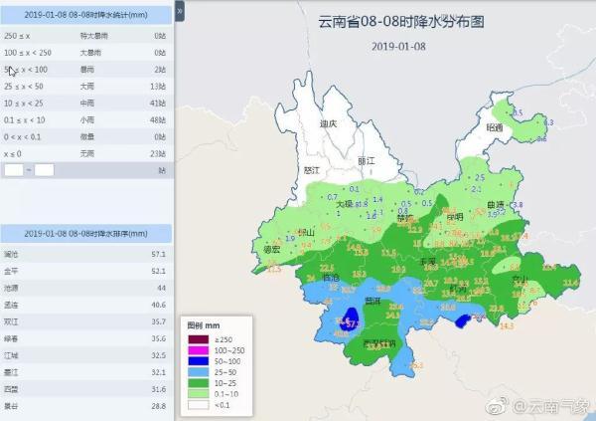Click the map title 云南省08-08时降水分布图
[400, 21]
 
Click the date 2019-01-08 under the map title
[400, 46]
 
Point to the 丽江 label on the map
[366, 160]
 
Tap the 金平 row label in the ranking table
[12, 270]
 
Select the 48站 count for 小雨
[158, 119]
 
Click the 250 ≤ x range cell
[18, 35]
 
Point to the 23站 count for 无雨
[158, 153]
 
